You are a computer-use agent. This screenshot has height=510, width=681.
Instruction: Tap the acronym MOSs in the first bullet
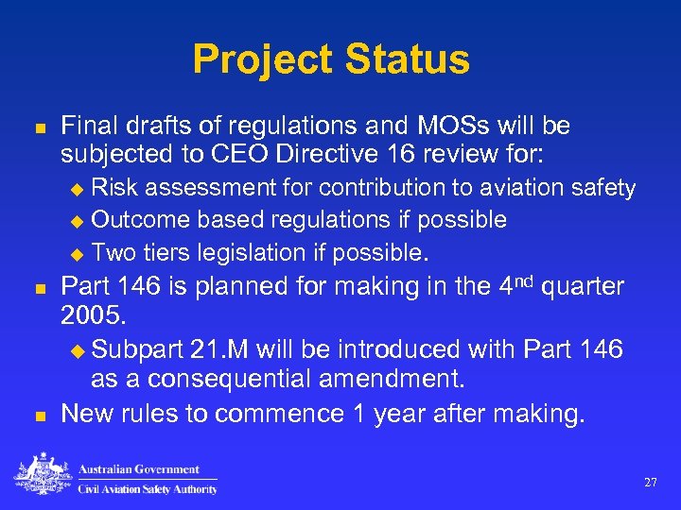click(x=442, y=126)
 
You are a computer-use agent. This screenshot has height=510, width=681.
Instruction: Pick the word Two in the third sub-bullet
click(x=113, y=252)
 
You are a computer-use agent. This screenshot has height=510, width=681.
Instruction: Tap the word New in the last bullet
click(x=88, y=413)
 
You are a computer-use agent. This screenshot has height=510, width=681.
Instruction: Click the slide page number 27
click(x=651, y=483)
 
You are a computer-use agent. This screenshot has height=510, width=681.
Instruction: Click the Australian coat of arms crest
click(x=41, y=475)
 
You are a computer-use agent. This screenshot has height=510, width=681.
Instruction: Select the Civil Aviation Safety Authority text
click(x=147, y=488)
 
